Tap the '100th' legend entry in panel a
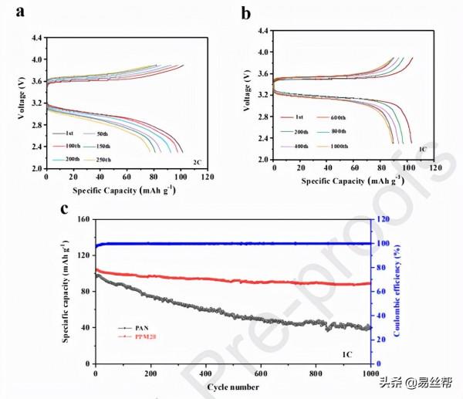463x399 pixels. click(x=73, y=146)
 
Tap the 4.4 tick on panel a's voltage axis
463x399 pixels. click(x=36, y=36)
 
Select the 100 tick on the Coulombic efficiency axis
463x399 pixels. click(x=381, y=243)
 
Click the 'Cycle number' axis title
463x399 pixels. click(x=232, y=386)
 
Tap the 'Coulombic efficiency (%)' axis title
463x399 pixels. click(x=398, y=289)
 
